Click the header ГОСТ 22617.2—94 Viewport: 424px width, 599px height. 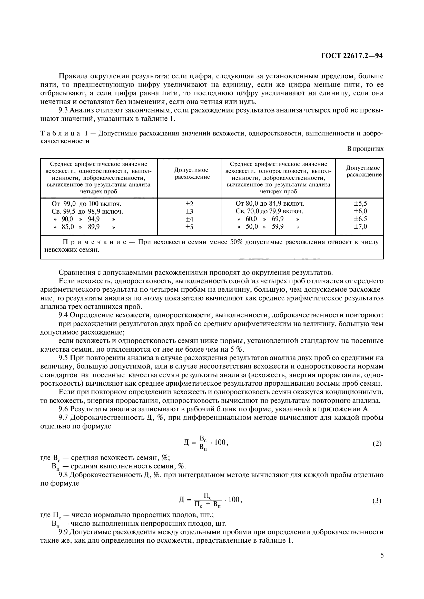coord(351,56)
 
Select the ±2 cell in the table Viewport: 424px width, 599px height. coord(189,204)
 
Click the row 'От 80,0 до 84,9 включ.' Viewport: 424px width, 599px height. coord(270,204)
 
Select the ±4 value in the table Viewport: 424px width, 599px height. coord(189,219)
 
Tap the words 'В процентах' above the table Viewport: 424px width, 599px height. coord(365,149)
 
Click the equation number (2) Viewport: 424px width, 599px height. coord(377,444)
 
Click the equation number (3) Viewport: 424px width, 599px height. coord(377,501)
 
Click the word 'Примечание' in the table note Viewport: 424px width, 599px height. coord(95,242)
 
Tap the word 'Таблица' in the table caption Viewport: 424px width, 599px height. coord(60,134)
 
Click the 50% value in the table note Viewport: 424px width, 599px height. coord(236,242)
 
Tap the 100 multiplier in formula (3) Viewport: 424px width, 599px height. coord(234,500)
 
